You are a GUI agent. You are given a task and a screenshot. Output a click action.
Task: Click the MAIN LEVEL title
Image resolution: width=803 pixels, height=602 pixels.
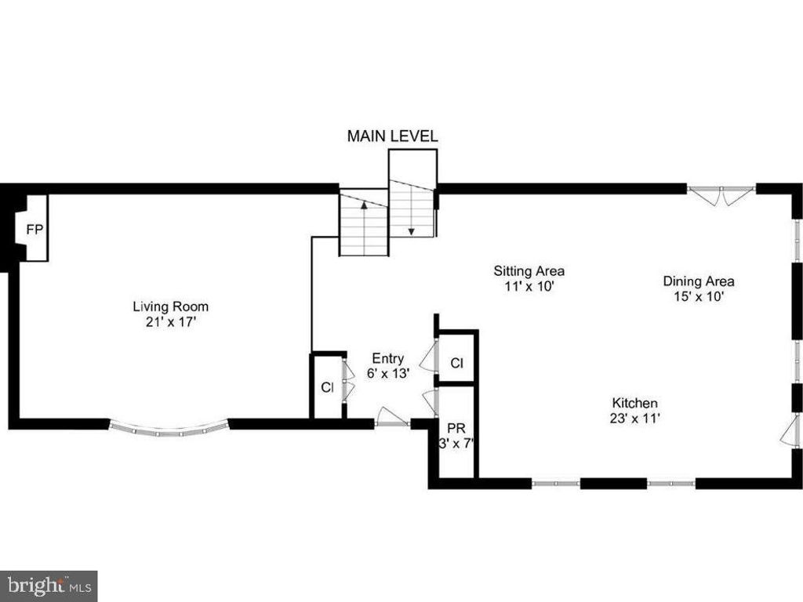click(392, 136)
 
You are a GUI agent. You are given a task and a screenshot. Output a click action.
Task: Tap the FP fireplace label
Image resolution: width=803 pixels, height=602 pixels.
click(35, 230)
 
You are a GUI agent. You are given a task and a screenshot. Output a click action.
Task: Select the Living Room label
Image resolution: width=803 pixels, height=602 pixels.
click(170, 306)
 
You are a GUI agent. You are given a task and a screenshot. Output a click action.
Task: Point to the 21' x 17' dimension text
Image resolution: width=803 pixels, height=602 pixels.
click(171, 322)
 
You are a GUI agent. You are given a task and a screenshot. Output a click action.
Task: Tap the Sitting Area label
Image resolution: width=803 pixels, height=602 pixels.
click(529, 270)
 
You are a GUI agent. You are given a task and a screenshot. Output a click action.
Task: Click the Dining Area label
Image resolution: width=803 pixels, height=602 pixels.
click(699, 281)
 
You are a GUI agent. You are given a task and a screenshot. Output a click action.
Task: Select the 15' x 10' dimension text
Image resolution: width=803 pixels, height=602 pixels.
click(699, 296)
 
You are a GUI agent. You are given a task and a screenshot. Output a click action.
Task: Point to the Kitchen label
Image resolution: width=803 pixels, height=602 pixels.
click(635, 403)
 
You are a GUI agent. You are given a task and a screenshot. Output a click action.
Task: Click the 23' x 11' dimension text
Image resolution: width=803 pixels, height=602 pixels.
click(634, 419)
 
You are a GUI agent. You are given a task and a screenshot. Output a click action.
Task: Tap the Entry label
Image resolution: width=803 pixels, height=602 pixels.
click(387, 358)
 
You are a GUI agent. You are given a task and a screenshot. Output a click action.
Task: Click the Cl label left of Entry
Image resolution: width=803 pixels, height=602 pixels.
click(327, 387)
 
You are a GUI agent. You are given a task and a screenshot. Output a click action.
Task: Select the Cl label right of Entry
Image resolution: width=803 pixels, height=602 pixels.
click(457, 363)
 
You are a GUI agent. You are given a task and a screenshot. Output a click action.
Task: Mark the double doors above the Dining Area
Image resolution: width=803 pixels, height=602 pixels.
click(721, 195)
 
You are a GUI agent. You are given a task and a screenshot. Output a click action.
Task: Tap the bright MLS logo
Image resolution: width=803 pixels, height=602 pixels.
click(49, 586)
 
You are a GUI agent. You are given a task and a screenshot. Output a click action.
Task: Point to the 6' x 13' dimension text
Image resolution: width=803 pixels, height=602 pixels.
click(388, 374)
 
